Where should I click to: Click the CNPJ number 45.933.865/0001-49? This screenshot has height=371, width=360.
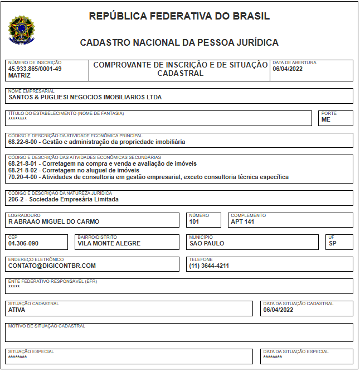35,69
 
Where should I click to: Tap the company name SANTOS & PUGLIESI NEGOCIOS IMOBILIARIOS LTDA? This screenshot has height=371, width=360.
85,97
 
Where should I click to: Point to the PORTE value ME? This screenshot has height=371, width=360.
326,119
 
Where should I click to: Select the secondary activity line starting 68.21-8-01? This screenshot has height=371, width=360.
102,164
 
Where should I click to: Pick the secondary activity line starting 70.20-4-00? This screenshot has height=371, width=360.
148,177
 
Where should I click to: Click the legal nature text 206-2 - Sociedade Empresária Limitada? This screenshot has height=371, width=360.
63,199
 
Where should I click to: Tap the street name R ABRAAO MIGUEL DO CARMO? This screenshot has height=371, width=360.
53,221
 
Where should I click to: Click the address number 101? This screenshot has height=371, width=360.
194,221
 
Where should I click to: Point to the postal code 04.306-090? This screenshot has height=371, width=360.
23,243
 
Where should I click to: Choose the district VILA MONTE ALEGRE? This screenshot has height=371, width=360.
109,243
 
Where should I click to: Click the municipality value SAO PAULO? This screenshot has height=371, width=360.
207,243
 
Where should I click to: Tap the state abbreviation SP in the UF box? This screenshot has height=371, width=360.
333,243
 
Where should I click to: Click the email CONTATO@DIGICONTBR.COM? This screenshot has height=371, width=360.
52,266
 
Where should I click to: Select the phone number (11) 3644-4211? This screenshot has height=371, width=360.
209,266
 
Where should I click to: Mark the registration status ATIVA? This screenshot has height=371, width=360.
17,310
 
